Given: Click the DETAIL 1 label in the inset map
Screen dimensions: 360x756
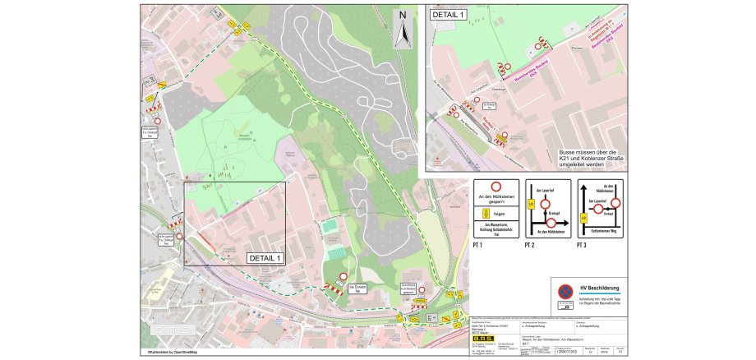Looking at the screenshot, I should coord(448,15).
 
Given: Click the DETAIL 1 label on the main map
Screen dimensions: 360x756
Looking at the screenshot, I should coord(265,257).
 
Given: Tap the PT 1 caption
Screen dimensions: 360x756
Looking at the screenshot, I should coord(478,245).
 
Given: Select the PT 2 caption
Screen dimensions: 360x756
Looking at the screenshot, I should coord(531,245).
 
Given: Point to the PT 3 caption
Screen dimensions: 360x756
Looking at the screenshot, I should coord(583,245).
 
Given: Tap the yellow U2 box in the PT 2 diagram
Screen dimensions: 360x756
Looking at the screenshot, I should coord(532,204).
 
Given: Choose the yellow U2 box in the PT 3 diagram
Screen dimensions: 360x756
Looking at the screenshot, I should coord(583,217).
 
